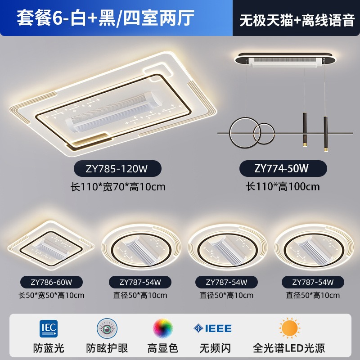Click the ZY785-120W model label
pos(117,169)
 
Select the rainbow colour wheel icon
pos(163,328)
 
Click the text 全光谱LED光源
pos(289,348)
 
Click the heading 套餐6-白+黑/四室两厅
pos(106,18)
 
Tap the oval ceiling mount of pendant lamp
pos(285,59)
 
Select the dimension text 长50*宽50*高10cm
pos(51,295)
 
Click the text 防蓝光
pos(49,348)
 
